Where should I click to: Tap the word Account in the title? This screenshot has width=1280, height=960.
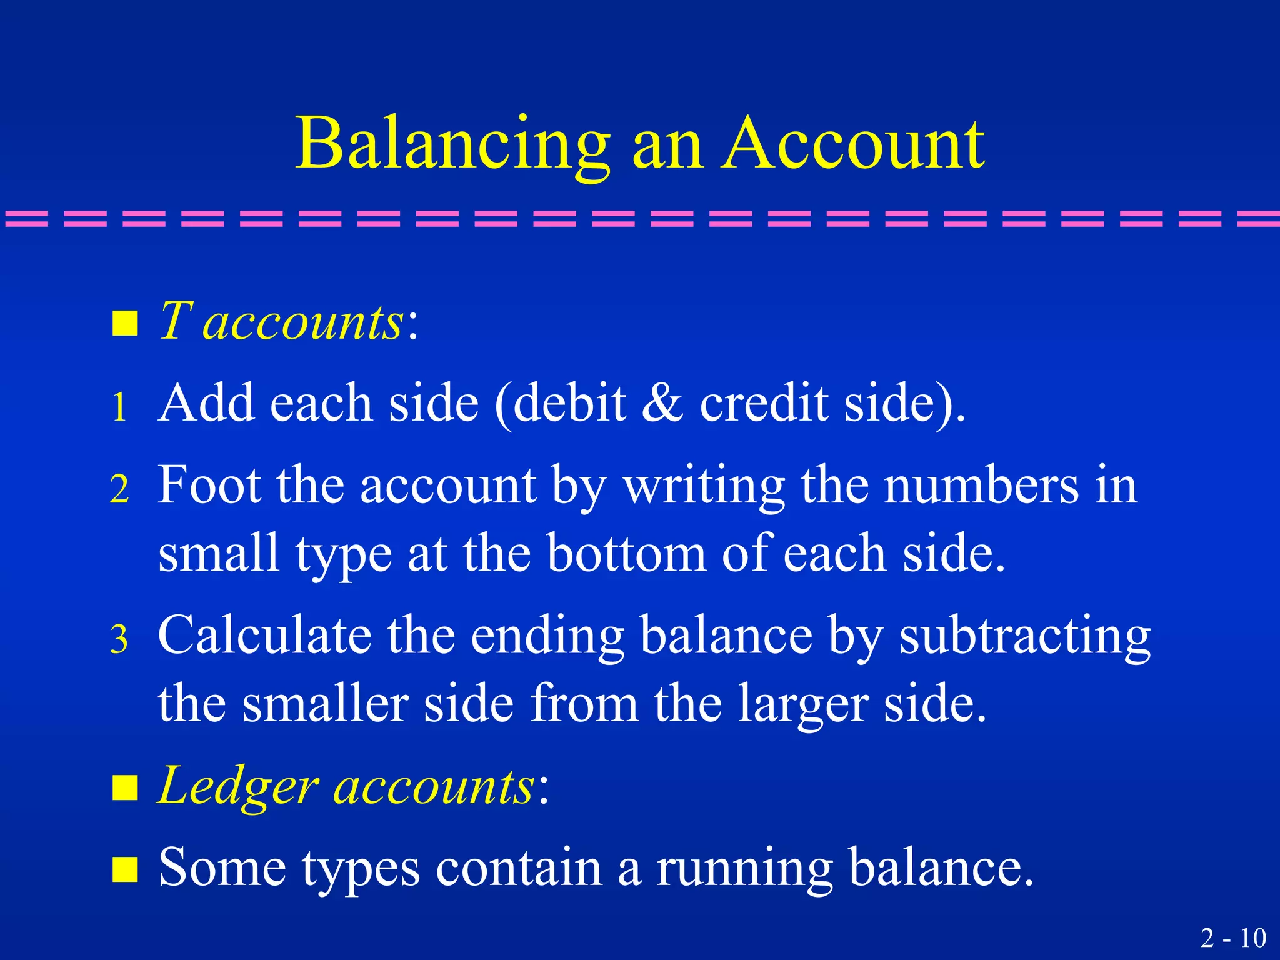tap(854, 144)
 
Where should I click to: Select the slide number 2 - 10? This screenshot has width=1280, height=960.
tap(1233, 937)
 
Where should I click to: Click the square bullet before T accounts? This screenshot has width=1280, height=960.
tap(124, 324)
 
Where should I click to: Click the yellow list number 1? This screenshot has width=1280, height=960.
tap(120, 407)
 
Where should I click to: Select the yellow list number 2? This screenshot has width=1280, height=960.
tap(120, 489)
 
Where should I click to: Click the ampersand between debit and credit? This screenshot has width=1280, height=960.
tap(663, 403)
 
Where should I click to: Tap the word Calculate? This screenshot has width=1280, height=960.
tap(264, 636)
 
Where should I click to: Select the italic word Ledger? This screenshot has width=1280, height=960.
tap(237, 786)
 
